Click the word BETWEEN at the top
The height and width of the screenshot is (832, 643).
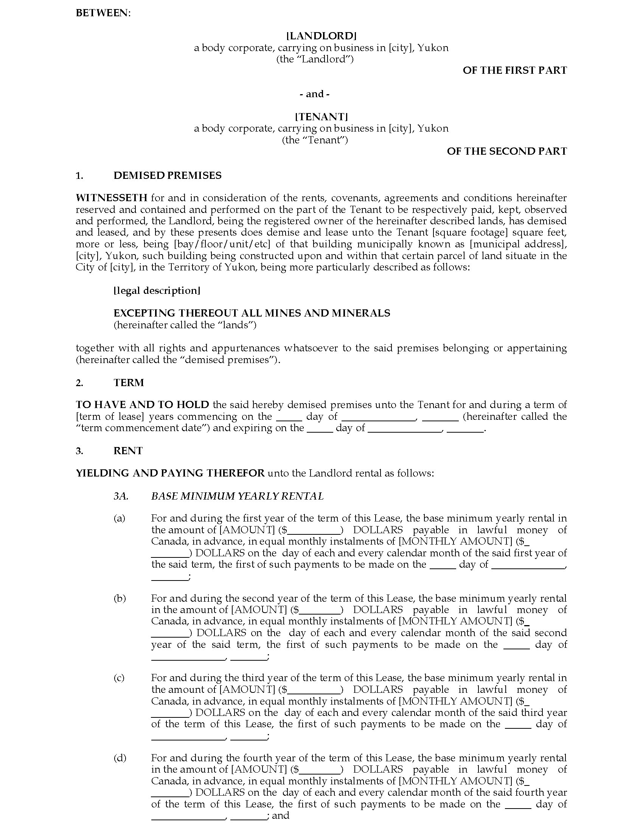tap(103, 13)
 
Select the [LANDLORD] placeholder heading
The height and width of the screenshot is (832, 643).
tap(321, 36)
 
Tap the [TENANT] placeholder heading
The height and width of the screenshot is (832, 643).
tap(321, 116)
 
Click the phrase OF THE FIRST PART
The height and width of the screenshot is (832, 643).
tap(515, 70)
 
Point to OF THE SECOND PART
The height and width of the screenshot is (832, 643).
tap(506, 151)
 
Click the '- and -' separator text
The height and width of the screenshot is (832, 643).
tap(315, 94)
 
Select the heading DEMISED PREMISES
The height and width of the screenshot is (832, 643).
tap(167, 175)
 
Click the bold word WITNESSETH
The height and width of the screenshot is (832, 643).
tap(111, 198)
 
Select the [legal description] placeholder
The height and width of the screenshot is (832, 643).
tap(157, 291)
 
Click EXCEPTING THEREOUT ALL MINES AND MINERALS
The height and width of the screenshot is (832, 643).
tap(252, 313)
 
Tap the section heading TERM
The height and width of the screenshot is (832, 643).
tap(128, 382)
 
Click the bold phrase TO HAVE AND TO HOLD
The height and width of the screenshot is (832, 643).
tap(143, 405)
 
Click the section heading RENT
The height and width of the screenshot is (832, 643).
tap(128, 451)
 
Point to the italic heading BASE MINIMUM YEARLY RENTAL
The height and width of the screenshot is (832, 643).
tap(237, 496)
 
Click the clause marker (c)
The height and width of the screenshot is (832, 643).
tap(119, 678)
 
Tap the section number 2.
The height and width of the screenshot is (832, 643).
tap(79, 383)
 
